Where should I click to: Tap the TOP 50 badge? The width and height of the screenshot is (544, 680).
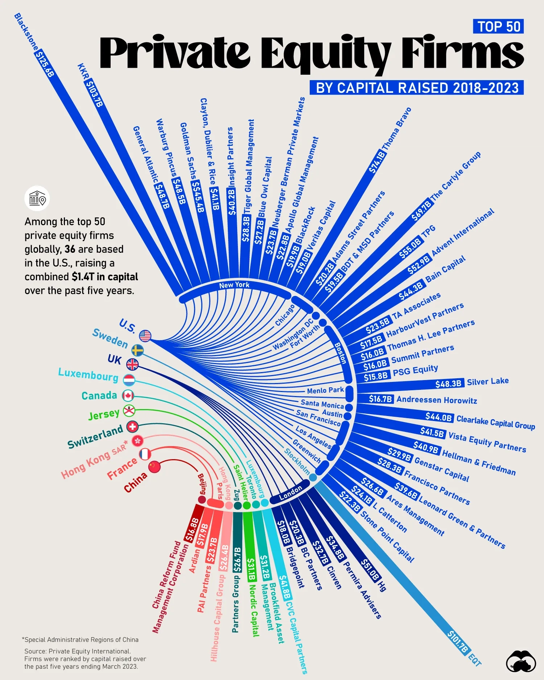[498, 26]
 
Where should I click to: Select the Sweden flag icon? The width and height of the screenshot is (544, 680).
[137, 350]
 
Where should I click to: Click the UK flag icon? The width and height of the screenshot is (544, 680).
[132, 364]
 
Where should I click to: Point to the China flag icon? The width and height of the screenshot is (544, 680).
[154, 467]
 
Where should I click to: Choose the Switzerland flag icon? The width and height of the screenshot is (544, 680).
[132, 427]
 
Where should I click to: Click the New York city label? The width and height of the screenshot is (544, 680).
[234, 285]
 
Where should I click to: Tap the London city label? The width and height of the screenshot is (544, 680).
[290, 493]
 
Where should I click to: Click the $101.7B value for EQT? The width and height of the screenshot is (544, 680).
[458, 642]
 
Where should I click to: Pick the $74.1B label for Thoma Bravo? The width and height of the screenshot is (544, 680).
[377, 162]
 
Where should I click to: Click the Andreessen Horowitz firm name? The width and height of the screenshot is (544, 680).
[437, 400]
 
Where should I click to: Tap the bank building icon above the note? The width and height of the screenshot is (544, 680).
[37, 198]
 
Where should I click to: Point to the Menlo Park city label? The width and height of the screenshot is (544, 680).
[325, 390]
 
